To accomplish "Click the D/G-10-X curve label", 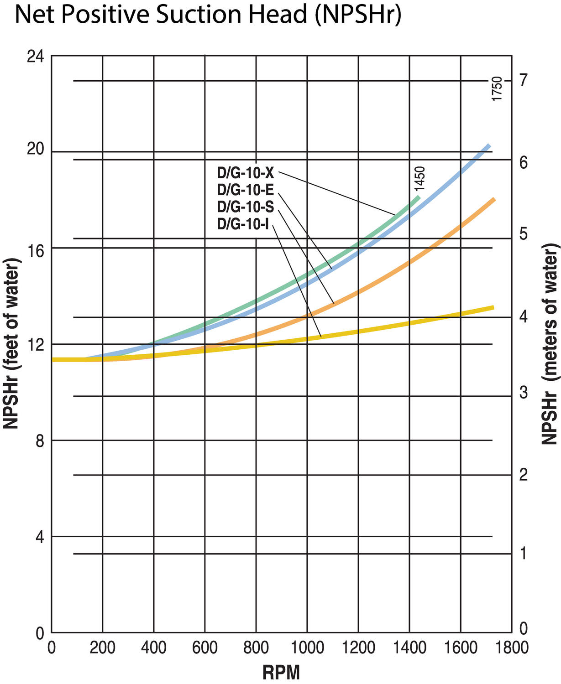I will [245, 173].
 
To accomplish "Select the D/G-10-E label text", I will [245, 190].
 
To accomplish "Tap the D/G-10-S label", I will [245, 207].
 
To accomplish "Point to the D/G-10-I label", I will [243, 224].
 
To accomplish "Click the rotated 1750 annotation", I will [497, 89].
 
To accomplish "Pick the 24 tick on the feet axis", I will [35, 57].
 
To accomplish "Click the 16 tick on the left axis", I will [35, 249].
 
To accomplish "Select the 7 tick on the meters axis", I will [523, 80].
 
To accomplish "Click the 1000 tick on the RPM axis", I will [307, 648].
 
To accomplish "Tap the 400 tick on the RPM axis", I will [153, 648].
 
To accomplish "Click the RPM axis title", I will [281, 672].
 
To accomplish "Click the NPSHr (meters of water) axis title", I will [550, 344].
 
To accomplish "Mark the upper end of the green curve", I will [418, 197].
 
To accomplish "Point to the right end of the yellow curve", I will [493, 308].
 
